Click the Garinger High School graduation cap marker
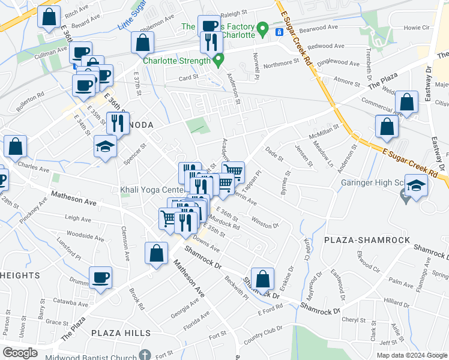(x=417, y=184)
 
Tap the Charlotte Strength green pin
(x=218, y=60)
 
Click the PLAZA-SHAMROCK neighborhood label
(x=367, y=240)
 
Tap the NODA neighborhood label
(x=139, y=124)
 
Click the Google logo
(x=20, y=353)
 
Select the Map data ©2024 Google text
(x=412, y=355)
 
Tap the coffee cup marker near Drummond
(x=100, y=277)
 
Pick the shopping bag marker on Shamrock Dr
(x=262, y=278)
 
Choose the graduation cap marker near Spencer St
(x=105, y=146)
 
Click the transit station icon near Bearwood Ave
(x=279, y=31)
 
